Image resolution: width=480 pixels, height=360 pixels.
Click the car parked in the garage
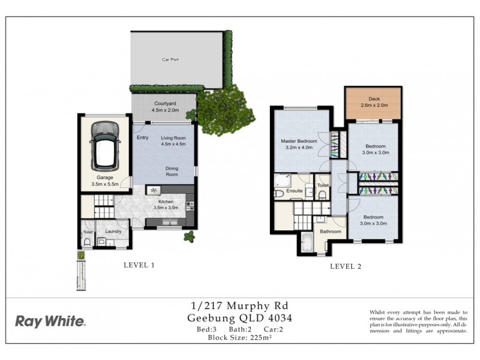click(104, 146)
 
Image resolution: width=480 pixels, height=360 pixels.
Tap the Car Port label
click(170, 60)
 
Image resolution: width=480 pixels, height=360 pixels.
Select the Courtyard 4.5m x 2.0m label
click(164, 106)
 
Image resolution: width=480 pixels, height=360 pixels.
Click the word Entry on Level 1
click(142, 137)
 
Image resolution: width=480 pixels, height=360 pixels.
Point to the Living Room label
click(173, 141)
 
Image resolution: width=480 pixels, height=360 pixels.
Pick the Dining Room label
click(172, 172)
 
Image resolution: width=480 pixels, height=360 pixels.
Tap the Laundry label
click(113, 231)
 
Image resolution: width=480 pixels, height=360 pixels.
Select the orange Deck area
click(373, 103)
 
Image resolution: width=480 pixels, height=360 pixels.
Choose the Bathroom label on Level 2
click(330, 232)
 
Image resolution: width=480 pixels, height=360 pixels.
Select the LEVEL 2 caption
click(346, 267)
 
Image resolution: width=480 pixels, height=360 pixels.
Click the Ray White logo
click(50, 321)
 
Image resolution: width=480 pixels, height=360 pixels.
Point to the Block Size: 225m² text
click(239, 338)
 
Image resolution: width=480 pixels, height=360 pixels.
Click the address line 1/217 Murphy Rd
click(239, 306)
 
